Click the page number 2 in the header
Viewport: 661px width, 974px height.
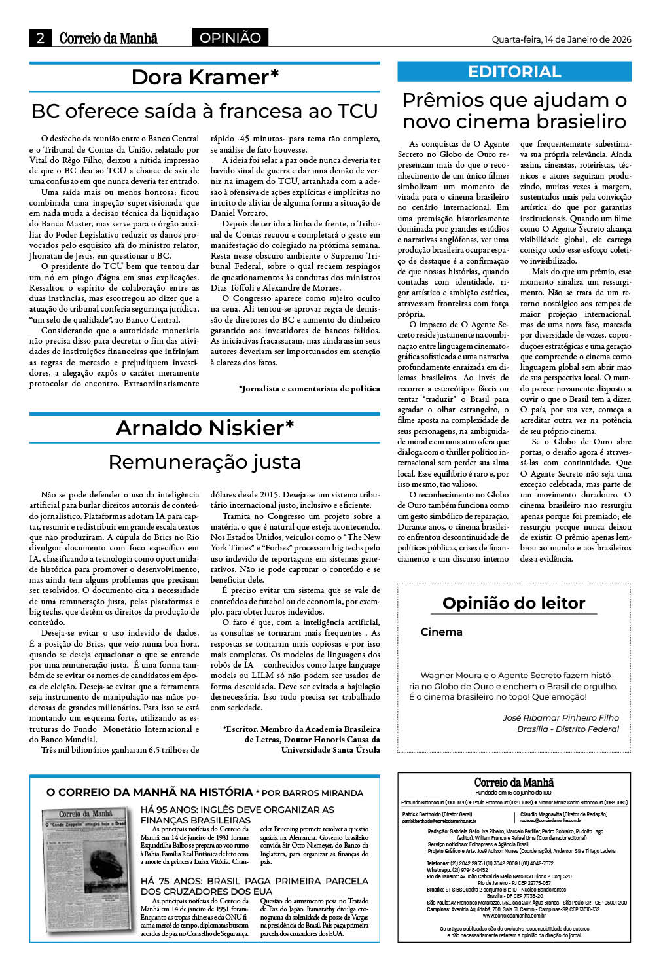click(40, 38)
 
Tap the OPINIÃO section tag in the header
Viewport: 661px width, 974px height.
click(230, 38)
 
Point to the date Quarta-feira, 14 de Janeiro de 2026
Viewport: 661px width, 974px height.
click(561, 39)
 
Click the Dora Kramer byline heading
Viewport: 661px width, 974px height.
click(205, 77)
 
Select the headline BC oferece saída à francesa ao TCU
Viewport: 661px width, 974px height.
click(205, 111)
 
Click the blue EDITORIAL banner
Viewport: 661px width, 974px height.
click(514, 71)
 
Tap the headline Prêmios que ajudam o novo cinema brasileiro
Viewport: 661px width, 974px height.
click(514, 111)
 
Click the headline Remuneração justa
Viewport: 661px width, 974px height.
click(205, 461)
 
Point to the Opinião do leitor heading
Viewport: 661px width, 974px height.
click(514, 603)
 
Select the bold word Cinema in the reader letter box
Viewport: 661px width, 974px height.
click(441, 632)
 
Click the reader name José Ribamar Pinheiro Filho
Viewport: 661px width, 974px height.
click(560, 717)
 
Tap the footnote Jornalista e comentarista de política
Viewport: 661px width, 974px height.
click(309, 388)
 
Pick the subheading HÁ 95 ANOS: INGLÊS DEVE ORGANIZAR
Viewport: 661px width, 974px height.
click(237, 814)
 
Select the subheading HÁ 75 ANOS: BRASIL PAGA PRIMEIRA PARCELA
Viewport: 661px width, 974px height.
click(255, 886)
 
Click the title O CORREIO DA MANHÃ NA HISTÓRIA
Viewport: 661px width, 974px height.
click(149, 792)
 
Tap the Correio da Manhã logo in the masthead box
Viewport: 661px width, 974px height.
click(514, 782)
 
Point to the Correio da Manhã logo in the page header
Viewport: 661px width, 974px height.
click(108, 38)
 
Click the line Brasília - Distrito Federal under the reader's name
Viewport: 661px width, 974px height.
click(567, 729)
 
